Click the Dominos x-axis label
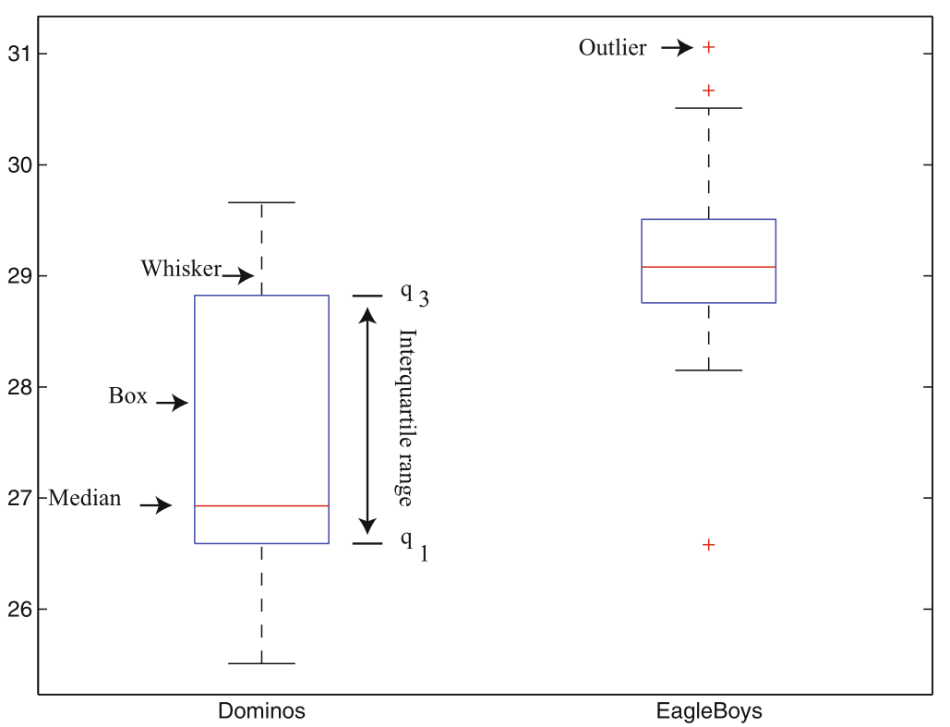pos(261,711)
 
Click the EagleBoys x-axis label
pos(709,711)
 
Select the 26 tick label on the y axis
pos(20,610)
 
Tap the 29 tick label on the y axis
pos(20,276)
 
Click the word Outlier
pos(612,47)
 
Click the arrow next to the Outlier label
pos(677,47)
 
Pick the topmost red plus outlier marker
pos(709,46)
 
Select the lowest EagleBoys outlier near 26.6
pos(709,545)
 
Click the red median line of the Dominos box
pos(261,506)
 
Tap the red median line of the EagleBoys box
pos(709,267)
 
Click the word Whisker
pos(181,269)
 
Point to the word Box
pos(127,396)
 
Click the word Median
pos(84,499)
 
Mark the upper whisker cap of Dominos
pos(261,202)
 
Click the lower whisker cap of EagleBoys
pos(709,370)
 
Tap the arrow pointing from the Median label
pos(156,505)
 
